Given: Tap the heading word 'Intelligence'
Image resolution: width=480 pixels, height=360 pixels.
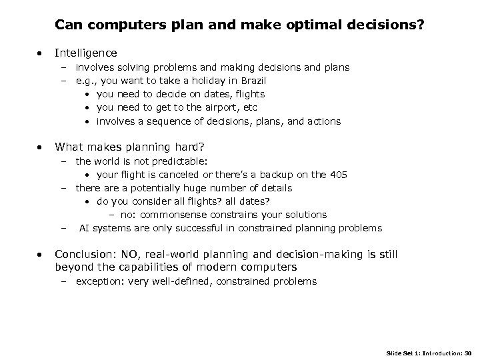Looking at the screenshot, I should tap(86, 53).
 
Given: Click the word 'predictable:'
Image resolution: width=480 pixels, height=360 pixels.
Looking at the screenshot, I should tap(177, 161).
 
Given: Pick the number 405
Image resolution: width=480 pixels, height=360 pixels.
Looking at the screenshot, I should tap(338, 175).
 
